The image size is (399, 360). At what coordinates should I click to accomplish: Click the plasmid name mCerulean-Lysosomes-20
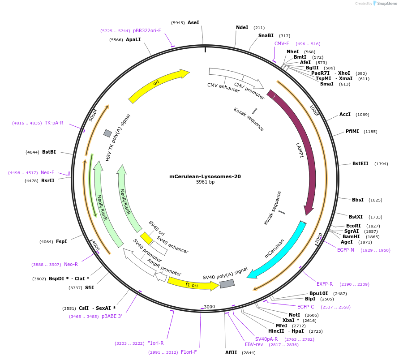[205, 176]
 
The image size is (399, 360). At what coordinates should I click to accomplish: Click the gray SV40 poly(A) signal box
[227, 283]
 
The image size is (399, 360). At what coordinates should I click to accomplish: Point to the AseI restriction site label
[193, 22]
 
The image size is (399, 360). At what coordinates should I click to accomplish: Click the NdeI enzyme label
[242, 27]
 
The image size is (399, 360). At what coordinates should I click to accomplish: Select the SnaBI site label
[266, 35]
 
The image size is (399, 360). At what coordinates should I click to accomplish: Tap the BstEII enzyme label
[360, 163]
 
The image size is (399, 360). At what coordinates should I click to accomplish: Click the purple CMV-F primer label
[282, 43]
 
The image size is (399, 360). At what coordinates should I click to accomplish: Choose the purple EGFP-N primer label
[345, 250]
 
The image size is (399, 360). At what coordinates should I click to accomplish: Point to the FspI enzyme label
[61, 241]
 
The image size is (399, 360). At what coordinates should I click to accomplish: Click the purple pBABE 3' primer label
[112, 316]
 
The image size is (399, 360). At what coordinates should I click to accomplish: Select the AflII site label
[231, 352]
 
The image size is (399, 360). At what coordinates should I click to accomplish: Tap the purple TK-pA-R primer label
[54, 123]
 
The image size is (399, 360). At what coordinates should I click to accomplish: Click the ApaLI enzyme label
[133, 39]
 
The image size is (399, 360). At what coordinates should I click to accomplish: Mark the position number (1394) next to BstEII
[381, 164]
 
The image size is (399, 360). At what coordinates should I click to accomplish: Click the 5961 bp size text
[205, 182]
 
